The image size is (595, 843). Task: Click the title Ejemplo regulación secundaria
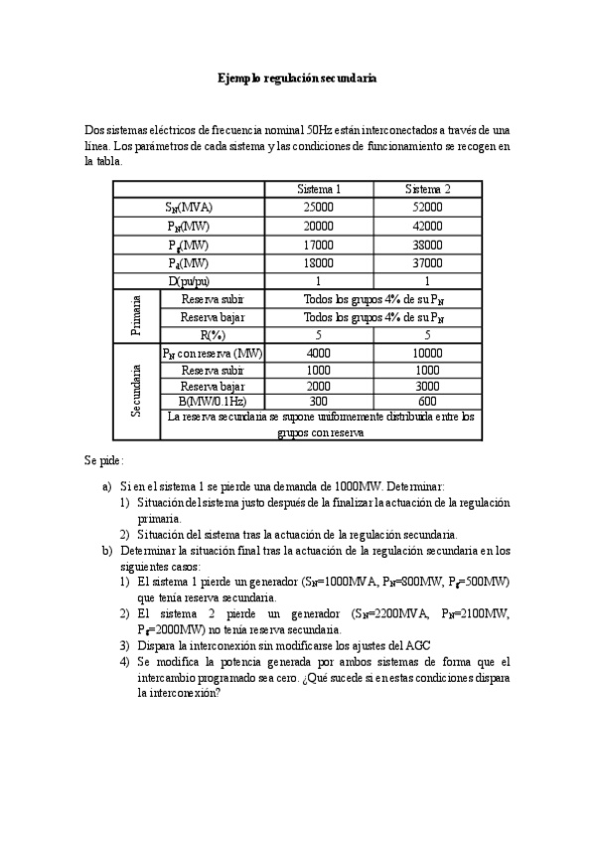point(297,78)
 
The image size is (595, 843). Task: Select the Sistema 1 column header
point(320,190)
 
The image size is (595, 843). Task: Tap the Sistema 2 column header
point(428,190)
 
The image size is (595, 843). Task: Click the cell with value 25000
point(320,208)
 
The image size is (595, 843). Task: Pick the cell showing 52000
point(428,208)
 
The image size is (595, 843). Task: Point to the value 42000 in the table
point(428,227)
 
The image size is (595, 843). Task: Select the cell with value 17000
point(320,245)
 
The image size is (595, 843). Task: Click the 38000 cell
point(428,245)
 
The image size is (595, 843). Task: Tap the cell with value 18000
point(320,263)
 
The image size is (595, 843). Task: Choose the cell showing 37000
point(428,263)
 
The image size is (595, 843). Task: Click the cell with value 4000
point(320,353)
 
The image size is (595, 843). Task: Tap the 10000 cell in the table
point(428,353)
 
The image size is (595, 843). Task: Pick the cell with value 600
point(428,400)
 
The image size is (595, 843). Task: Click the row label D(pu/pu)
point(189,281)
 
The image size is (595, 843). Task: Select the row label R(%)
point(212,335)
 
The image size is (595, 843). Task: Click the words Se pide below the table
point(104,462)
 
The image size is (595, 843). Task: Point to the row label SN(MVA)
point(189,208)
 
